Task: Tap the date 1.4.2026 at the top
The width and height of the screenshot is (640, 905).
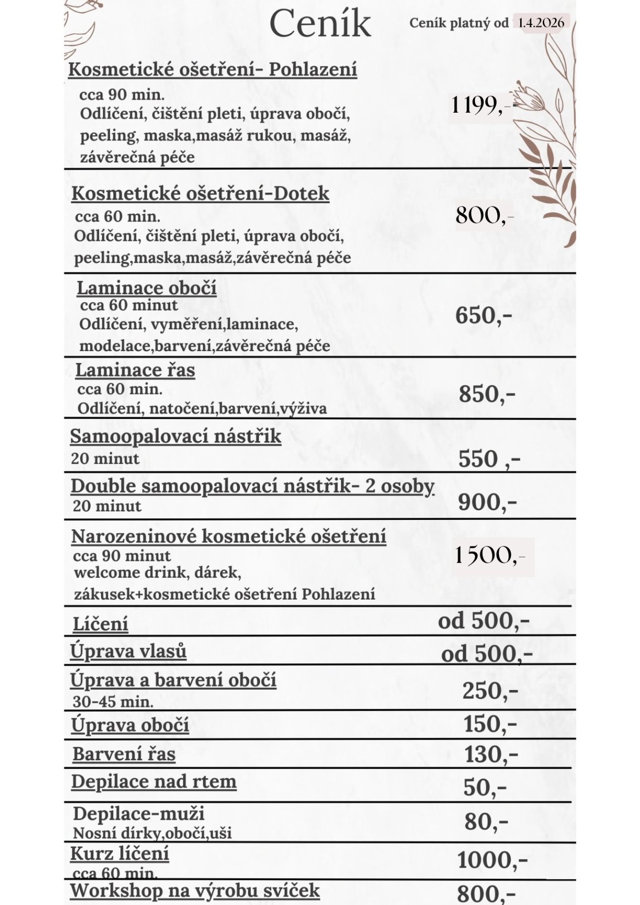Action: pyautogui.click(x=541, y=23)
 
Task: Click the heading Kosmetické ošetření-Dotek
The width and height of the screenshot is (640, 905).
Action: pyautogui.click(x=200, y=194)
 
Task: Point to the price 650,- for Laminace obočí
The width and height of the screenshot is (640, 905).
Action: pyautogui.click(x=483, y=315)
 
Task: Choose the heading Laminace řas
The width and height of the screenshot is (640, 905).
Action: pyautogui.click(x=135, y=370)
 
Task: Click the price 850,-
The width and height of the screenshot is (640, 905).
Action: pyautogui.click(x=487, y=394)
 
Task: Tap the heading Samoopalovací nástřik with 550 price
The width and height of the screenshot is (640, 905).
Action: pyautogui.click(x=175, y=436)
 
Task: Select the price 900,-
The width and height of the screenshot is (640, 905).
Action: pyautogui.click(x=487, y=502)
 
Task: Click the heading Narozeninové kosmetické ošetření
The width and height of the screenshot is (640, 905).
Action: pyautogui.click(x=229, y=536)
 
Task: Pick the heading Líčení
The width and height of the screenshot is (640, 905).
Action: pyautogui.click(x=100, y=624)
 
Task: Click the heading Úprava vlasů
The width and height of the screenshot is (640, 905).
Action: pyautogui.click(x=128, y=651)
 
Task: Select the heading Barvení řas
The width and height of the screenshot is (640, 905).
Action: pyautogui.click(x=124, y=754)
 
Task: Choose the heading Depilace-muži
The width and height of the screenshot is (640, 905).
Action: pyautogui.click(x=139, y=814)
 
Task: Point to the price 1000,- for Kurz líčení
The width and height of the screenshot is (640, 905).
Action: pyautogui.click(x=492, y=860)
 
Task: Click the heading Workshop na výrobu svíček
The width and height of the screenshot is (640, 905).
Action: pyautogui.click(x=195, y=890)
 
